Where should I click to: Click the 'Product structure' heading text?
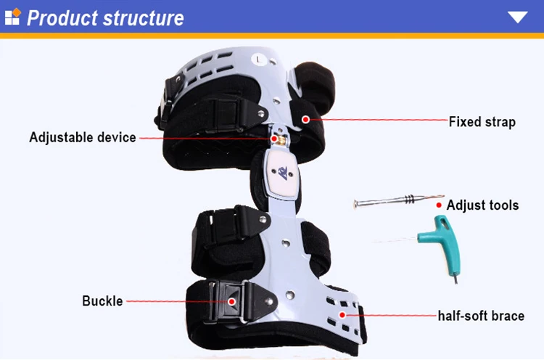105,18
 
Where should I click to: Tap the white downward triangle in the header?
517,17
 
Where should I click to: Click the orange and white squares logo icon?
13,17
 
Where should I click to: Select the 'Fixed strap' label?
482,122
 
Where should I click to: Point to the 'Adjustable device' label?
83,137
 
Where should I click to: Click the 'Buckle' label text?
102,301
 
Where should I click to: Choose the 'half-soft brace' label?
481,316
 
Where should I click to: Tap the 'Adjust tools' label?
482,205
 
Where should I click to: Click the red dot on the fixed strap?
305,120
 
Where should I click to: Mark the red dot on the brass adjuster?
273,139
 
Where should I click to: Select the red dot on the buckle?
232,301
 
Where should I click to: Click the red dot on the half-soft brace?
342,315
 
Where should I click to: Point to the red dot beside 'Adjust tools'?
439,205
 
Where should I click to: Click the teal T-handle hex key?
444,240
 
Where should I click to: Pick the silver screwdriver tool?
399,201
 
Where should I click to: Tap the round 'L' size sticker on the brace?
257,60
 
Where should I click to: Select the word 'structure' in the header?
144,18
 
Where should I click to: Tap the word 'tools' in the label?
501,205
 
